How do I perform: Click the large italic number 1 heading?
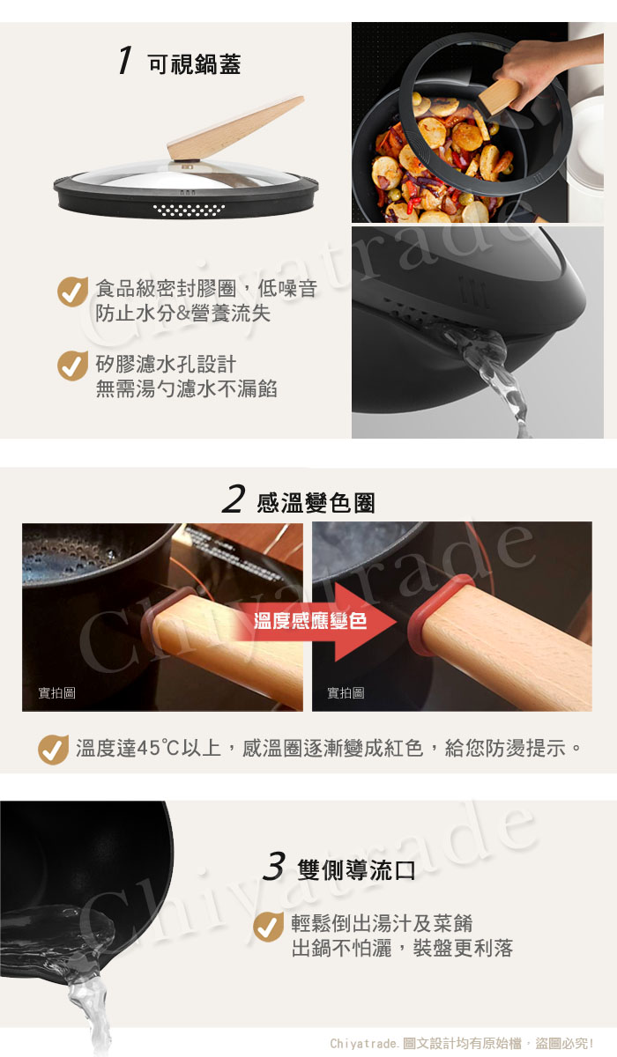coord(124,61)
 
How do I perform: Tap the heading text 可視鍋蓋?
coord(195,64)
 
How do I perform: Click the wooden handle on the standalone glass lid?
coord(236,128)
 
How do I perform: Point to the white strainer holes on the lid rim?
coord(190,211)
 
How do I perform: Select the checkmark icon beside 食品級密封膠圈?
coord(72,292)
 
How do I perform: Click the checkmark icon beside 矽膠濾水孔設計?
coord(72,366)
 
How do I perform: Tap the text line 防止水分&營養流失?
coord(183,314)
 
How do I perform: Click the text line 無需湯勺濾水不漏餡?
coord(187,388)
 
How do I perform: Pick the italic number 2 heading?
coord(234,499)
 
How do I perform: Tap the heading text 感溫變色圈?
coord(316,503)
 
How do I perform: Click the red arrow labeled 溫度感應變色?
coord(316,622)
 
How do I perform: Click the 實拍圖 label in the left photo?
coord(56,692)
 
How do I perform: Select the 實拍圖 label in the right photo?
coord(346,692)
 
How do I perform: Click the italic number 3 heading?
coord(274,866)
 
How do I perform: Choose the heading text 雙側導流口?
coord(356,870)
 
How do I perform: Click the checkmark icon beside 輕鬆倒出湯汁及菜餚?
coord(268,927)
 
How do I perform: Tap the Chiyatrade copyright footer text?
coord(461,1043)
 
